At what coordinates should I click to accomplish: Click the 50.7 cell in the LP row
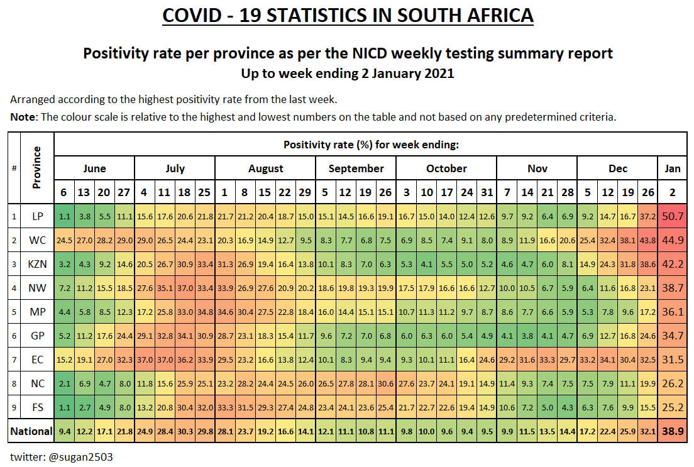[673, 216]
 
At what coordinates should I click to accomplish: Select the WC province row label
[38, 239]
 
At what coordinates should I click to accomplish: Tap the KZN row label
[38, 263]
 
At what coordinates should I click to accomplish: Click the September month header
[356, 168]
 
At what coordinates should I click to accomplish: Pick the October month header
[446, 168]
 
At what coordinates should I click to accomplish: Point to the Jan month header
[673, 168]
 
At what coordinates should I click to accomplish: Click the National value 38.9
[673, 431]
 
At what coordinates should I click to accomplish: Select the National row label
[31, 431]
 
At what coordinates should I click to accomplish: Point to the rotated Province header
[38, 168]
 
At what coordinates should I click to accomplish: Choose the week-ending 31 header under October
[487, 192]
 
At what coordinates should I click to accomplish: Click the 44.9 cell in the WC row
[673, 239]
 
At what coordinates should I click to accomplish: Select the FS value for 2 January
[673, 407]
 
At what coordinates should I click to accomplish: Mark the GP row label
[38, 335]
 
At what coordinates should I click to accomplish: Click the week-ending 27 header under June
[124, 192]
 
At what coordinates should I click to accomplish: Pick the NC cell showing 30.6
[386, 383]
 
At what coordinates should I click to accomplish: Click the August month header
[265, 168]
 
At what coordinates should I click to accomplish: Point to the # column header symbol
[14, 168]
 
